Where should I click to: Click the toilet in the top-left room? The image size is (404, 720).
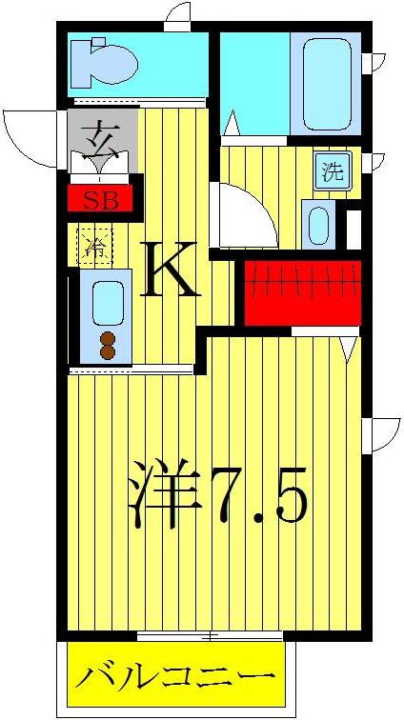[107, 63]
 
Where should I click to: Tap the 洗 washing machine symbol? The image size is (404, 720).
[332, 172]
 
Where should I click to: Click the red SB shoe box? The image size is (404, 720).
[100, 200]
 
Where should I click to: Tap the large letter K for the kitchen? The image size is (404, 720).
[172, 271]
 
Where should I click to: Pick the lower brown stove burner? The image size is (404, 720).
[106, 352]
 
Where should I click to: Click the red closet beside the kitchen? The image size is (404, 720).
[301, 290]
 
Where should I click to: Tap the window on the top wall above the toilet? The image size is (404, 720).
[179, 15]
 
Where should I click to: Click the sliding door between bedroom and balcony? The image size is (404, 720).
[210, 635]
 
